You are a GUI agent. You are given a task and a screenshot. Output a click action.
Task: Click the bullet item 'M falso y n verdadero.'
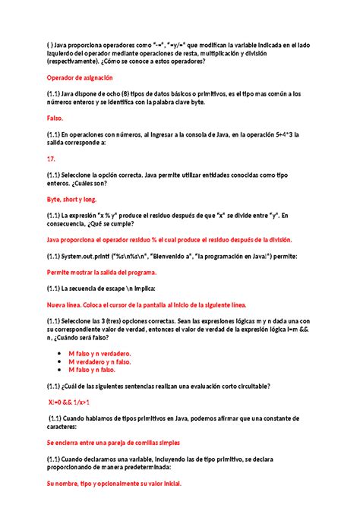coord(99,353)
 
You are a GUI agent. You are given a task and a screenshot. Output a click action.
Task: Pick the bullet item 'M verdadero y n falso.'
coord(99,361)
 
